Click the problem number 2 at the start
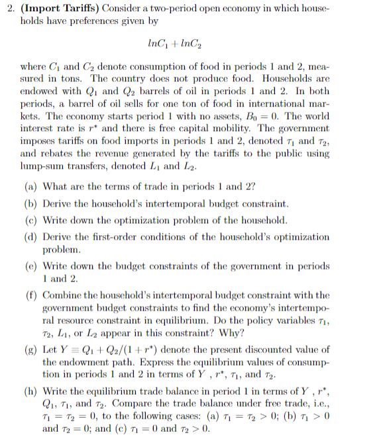(7, 9)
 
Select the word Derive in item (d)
(58, 235)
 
